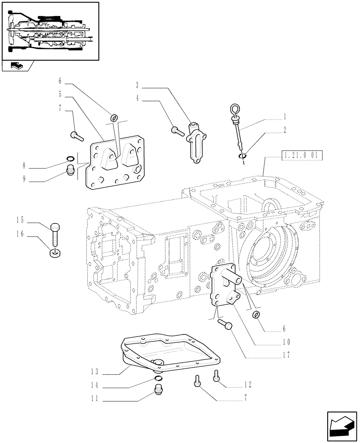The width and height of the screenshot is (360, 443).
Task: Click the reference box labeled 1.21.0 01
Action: coord(301,155)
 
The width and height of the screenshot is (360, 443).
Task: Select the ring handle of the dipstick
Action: coord(235,108)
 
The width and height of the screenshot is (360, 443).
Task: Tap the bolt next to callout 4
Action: coord(177,130)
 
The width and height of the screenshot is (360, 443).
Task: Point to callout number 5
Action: coord(59,94)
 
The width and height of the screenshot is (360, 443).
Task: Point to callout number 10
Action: coord(286,342)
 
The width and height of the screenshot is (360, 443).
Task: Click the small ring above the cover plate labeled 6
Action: coord(114,117)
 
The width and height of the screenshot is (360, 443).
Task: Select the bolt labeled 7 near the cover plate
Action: coord(76,136)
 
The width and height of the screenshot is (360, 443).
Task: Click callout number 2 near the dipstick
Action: coord(285,130)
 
